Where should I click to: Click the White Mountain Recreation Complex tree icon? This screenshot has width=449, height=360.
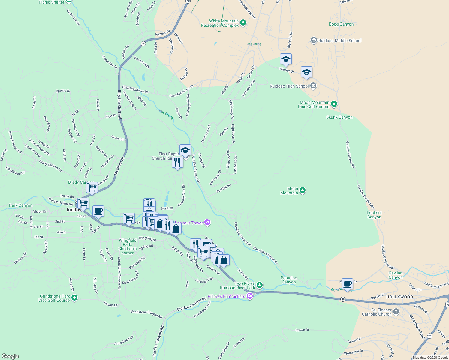pos(243,23)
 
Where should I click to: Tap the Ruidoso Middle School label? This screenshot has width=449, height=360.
pos(340,40)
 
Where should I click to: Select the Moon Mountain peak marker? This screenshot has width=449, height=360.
pos(303,190)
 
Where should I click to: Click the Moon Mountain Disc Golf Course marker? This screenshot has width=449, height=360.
pos(334,104)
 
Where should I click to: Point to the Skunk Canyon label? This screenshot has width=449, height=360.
pos(339,117)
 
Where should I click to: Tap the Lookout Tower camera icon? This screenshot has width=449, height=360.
pos(207,223)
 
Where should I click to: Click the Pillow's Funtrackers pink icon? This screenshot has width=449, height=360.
pos(250,296)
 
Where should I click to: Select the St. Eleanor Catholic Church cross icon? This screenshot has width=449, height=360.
pos(396,312)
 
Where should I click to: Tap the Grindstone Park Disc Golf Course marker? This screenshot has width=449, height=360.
pos(74,298)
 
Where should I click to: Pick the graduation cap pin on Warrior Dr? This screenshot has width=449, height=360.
pos(286,59)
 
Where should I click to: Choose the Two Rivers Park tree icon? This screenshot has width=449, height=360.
pos(260,285)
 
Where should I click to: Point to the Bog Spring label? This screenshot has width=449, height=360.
pos(254,44)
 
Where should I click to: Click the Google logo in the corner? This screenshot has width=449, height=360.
pos(10,356)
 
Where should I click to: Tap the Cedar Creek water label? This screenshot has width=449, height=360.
pos(164,113)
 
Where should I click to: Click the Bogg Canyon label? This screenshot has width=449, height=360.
pos(341,24)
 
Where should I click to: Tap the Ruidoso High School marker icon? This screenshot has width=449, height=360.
pos(313,86)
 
